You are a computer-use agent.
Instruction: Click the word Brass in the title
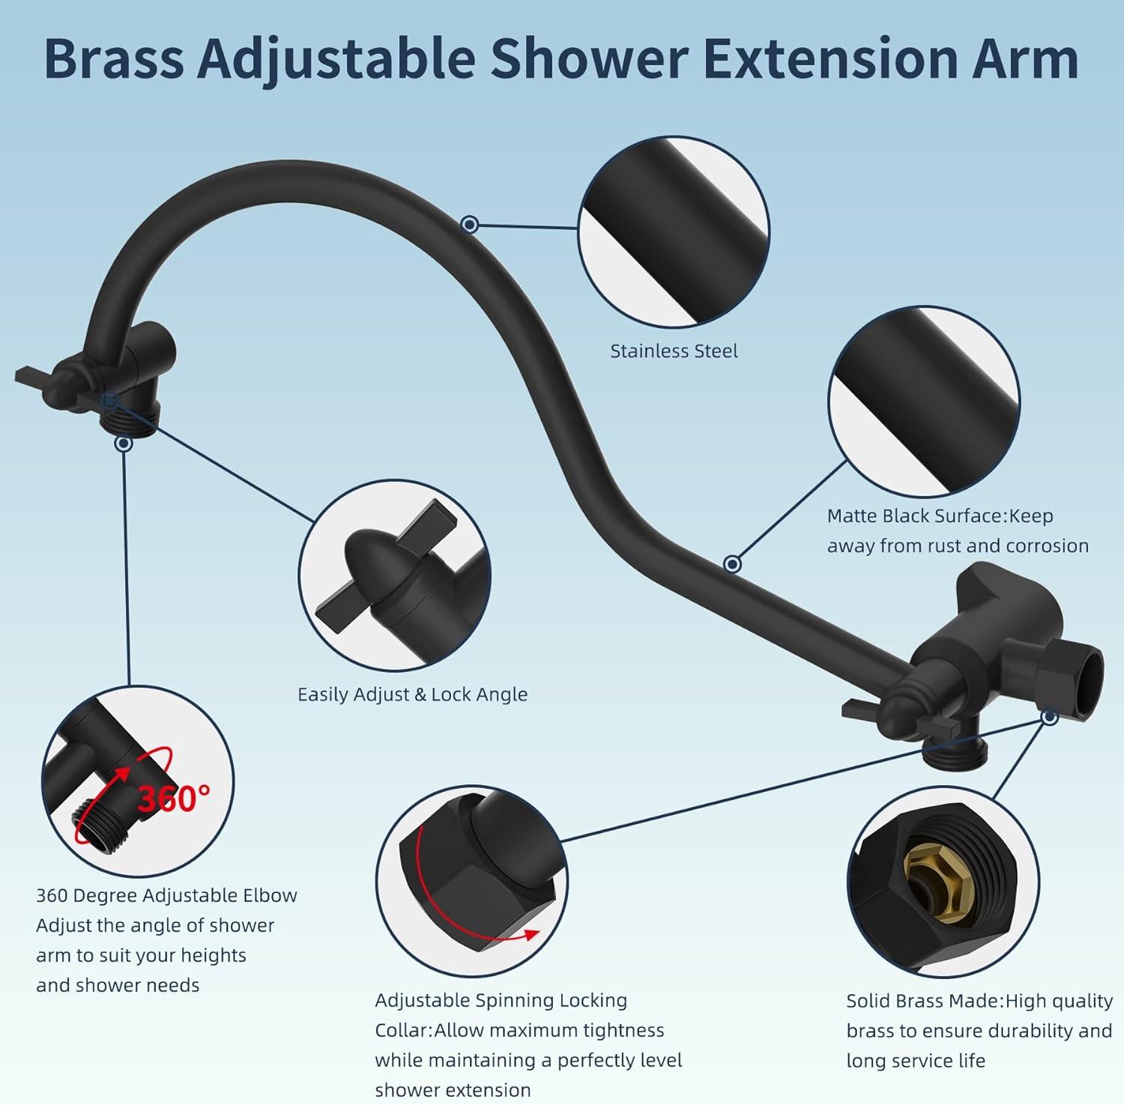click(x=115, y=58)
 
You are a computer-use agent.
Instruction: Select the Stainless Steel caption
click(x=674, y=351)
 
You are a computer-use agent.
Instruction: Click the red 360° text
click(x=174, y=798)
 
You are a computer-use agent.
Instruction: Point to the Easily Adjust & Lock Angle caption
click(x=412, y=694)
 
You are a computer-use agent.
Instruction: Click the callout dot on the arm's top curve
click(x=470, y=223)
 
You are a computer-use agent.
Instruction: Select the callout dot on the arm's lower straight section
click(x=733, y=563)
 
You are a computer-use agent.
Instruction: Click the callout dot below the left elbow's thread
click(x=124, y=443)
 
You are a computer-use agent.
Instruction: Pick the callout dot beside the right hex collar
click(x=1049, y=717)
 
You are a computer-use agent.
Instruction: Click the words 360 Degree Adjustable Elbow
click(x=166, y=895)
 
